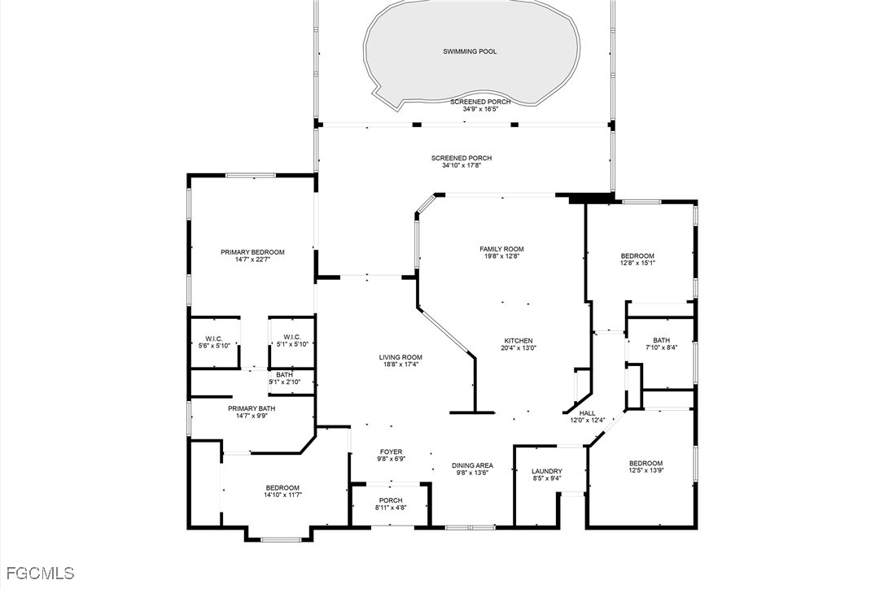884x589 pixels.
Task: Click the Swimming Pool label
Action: coord(470,51)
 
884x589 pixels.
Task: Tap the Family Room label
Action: coord(501,249)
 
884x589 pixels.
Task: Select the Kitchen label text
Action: coord(519,341)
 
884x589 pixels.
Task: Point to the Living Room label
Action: coord(400,357)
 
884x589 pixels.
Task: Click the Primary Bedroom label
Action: coord(252,252)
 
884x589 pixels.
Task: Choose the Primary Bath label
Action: coord(252,408)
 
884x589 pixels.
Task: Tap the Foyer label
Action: coord(392,452)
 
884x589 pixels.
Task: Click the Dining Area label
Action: coord(472,465)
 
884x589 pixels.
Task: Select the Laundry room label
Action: coord(547,471)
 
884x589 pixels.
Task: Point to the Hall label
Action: coord(587,413)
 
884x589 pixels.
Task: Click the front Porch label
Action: coord(391,500)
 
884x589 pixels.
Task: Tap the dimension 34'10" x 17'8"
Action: coord(462,165)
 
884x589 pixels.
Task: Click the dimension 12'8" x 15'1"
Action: coord(637,263)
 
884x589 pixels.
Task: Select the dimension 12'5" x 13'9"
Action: coord(646,470)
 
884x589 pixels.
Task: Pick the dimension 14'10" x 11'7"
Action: coord(282,495)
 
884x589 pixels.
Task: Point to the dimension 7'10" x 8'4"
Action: coord(661,347)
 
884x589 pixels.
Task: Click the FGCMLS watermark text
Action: coord(37,574)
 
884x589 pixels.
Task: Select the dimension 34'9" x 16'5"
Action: coord(480,109)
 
